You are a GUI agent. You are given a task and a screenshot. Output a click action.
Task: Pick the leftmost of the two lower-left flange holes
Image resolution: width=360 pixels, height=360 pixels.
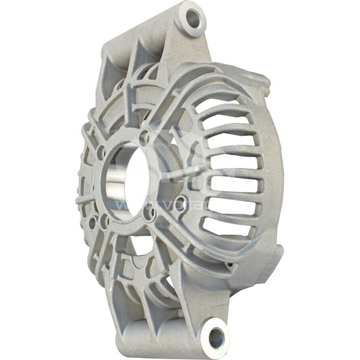(92, 222)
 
